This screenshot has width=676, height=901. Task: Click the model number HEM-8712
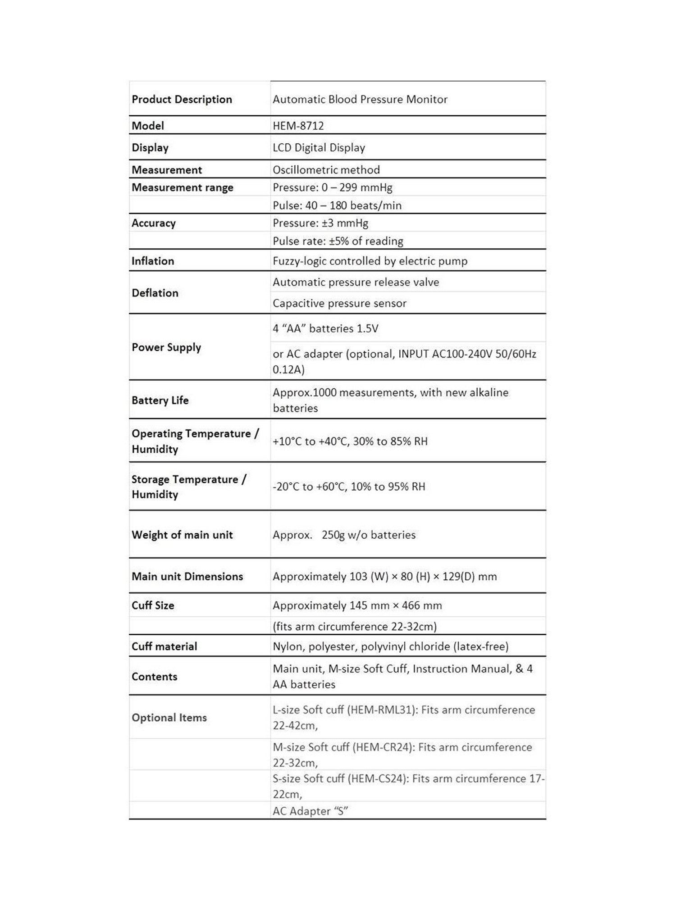tap(298, 126)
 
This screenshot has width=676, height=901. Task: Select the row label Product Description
tap(182, 100)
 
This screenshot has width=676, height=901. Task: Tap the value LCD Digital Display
tap(319, 148)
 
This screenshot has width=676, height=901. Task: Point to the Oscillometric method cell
tap(326, 170)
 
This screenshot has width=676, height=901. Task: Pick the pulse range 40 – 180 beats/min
tap(337, 205)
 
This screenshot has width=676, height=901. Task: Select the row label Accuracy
tap(153, 223)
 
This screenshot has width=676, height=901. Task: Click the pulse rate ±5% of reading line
tap(338, 241)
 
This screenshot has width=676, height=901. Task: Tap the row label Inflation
tap(152, 261)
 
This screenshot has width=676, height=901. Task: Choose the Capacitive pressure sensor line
tap(339, 304)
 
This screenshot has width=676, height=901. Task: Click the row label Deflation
tap(155, 293)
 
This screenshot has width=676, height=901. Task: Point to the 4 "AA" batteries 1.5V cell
tap(325, 329)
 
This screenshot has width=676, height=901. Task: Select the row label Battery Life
tap(160, 400)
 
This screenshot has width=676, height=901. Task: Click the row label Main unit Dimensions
tap(187, 577)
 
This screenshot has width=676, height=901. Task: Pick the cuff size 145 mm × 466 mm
tap(357, 606)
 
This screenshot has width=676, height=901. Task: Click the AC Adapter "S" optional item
tap(310, 811)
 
